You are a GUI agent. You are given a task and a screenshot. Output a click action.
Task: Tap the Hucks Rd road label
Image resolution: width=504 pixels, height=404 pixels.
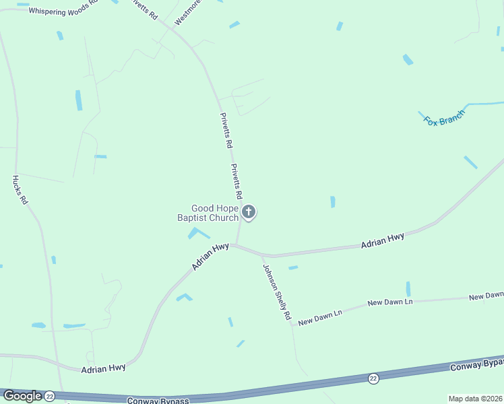tap(19, 190)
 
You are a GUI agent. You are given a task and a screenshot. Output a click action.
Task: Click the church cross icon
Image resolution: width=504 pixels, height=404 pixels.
tap(249, 213)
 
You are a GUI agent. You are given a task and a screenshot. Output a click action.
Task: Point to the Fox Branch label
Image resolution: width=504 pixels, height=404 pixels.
tap(444, 117)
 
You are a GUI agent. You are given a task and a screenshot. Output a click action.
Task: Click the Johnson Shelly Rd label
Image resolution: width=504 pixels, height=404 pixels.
tap(277, 291)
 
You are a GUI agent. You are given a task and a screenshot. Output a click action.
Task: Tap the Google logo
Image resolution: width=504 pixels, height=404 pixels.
tap(22, 396)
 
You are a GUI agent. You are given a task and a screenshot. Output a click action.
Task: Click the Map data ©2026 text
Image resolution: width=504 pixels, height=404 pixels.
tap(474, 399)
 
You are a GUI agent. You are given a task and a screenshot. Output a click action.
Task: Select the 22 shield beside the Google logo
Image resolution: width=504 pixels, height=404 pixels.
tap(49, 397)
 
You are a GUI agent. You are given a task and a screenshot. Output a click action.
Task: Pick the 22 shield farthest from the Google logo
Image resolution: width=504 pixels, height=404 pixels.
tap(373, 378)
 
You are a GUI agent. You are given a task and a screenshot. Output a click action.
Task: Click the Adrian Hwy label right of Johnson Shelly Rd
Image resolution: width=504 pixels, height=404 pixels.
tap(382, 240)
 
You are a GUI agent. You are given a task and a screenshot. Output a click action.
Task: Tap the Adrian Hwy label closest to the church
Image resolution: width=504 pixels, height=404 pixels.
tap(210, 257)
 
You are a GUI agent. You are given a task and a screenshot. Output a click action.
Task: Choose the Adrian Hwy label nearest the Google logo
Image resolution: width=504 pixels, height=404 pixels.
tap(103, 368)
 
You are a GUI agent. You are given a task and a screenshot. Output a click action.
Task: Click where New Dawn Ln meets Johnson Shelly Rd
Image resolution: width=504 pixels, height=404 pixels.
tap(292, 326)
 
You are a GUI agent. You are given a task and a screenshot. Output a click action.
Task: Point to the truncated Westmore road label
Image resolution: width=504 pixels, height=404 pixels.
tap(187, 13)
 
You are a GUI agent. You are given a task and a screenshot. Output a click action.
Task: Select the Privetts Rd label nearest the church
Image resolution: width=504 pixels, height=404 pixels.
tap(236, 180)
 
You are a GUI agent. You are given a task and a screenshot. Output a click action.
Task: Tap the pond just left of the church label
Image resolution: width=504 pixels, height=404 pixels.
tap(197, 233)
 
